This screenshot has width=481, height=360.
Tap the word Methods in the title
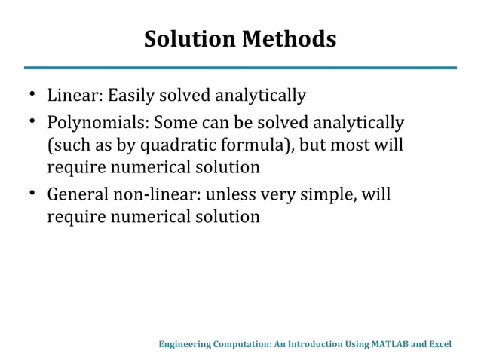[x=288, y=38]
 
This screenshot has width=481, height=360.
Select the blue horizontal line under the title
[x=240, y=68]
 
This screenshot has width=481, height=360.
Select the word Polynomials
[x=97, y=122]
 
